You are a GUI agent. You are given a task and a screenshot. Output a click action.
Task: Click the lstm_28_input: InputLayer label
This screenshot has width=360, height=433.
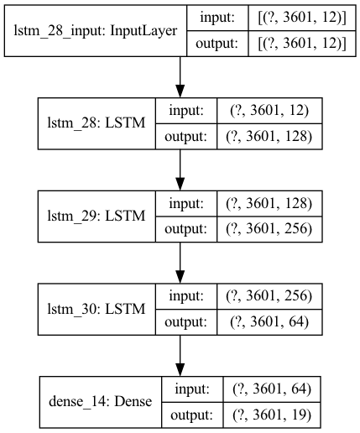(96, 31)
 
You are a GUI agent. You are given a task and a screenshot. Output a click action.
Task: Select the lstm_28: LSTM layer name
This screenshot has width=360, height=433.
(97, 123)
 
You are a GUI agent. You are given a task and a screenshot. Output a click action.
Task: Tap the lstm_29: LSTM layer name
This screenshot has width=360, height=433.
(97, 216)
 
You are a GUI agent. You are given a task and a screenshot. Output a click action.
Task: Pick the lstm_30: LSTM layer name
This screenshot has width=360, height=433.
(97, 309)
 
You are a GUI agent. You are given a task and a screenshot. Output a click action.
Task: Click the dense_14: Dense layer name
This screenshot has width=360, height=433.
(101, 402)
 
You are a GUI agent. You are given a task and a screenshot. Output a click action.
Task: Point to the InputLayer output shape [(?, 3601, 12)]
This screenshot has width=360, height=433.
(302, 44)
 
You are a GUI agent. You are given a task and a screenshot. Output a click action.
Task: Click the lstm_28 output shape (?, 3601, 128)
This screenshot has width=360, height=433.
(269, 137)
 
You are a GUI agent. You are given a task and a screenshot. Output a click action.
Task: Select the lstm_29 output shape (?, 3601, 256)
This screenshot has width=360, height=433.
(269, 229)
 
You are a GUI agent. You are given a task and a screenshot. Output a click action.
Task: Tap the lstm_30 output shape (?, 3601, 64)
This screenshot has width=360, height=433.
(269, 321)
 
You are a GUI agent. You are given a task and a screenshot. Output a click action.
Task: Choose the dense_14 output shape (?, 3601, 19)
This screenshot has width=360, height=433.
(272, 415)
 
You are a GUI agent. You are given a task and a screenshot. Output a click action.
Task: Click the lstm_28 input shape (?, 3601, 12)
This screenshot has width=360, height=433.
(269, 111)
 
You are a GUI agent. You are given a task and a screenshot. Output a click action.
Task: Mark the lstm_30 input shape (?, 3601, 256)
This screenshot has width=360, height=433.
(269, 296)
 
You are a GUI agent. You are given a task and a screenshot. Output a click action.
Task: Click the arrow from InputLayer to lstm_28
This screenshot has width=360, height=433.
(180, 77)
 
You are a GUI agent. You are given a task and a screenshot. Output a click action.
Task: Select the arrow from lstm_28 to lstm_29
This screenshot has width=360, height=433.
(180, 170)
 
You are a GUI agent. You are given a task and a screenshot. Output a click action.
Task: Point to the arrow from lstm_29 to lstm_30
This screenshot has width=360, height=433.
(180, 263)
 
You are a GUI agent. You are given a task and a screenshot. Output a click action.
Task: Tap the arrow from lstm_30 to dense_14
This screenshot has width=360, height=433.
(180, 356)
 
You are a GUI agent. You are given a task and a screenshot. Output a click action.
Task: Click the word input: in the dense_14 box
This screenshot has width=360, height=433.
(192, 389)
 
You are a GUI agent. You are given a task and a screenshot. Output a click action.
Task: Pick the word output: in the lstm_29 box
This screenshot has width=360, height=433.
(186, 229)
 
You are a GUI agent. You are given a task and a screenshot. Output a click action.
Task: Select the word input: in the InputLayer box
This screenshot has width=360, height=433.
(217, 18)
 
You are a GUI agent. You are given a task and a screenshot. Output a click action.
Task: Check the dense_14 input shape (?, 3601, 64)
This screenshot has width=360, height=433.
(272, 389)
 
